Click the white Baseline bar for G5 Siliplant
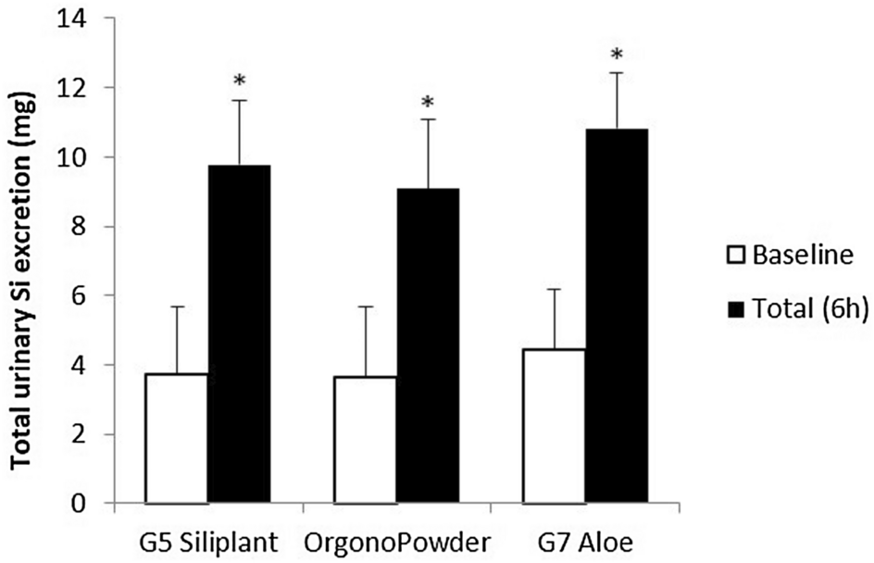tap(176, 439)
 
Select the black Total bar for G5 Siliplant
tap(238, 334)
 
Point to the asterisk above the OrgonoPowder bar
tap(428, 103)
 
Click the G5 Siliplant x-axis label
tap(206, 539)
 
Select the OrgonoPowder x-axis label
tap(395, 539)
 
